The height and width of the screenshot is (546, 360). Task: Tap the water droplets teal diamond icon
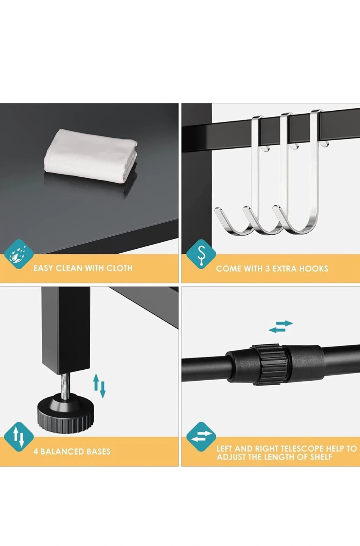pyautogui.click(x=19, y=254)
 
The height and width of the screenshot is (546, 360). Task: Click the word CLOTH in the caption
pyautogui.click(x=120, y=268)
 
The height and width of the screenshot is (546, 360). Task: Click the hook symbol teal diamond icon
pyautogui.click(x=201, y=254)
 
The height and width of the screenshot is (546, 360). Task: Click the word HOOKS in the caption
pyautogui.click(x=314, y=268)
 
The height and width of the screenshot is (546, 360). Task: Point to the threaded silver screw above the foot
pyautogui.click(x=64, y=386)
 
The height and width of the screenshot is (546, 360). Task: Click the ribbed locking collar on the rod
pyautogui.click(x=270, y=364)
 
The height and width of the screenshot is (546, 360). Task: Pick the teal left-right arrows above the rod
pyautogui.click(x=280, y=326)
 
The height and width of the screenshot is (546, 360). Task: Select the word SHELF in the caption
pyautogui.click(x=321, y=457)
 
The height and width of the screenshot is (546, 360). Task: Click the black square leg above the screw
pyautogui.click(x=66, y=330)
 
